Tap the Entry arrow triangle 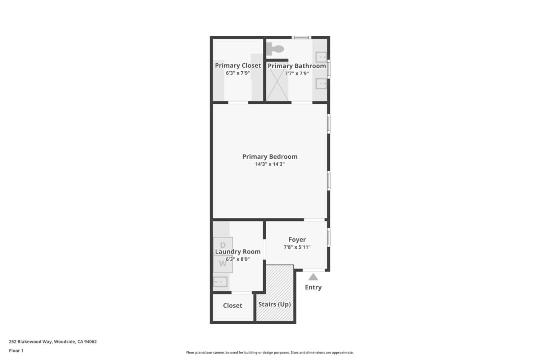coord(313,277)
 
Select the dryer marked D coord(223,245)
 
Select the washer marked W coord(223,264)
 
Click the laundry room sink coord(220,281)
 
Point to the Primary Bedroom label coord(270,157)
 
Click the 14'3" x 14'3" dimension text coord(270,164)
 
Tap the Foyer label coord(297,240)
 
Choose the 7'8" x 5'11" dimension coord(297,247)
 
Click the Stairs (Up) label coord(274,304)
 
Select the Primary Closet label coord(238,66)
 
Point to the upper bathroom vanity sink coord(321,57)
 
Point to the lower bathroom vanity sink coord(321,84)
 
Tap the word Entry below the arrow coord(313,287)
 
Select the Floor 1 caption coord(16,351)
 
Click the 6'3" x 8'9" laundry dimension coord(238,259)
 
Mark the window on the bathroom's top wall coord(301,37)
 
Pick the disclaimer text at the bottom coord(270,352)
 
